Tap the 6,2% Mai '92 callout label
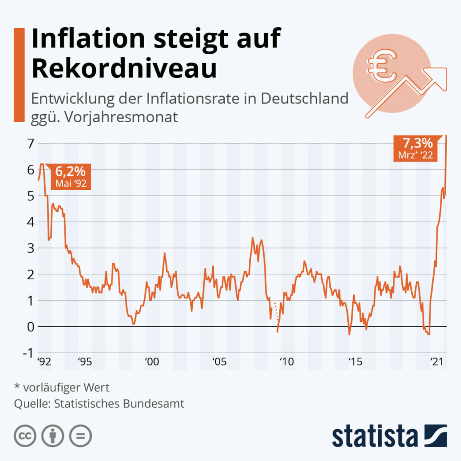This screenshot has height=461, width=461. [71, 177]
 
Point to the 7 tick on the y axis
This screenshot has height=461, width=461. [30, 144]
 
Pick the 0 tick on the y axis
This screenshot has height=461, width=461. [30, 327]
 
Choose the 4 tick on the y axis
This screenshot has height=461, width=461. [30, 222]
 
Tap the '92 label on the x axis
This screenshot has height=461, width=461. [43, 361]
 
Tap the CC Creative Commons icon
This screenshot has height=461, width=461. [26, 435]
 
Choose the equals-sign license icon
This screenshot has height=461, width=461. [80, 435]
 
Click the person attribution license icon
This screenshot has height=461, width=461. [53, 435]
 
